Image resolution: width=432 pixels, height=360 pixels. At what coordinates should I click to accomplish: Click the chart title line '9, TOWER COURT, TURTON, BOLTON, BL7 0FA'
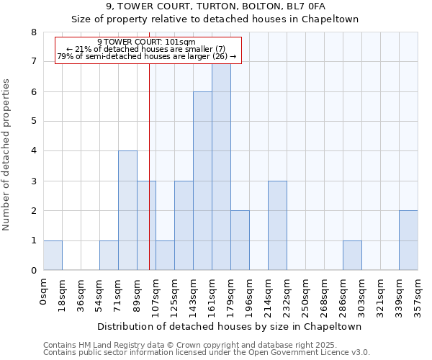(x=216, y=6)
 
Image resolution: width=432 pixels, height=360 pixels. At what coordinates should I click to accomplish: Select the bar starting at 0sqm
(x=53, y=255)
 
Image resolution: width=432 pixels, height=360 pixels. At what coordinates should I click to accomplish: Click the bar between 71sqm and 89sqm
(x=127, y=210)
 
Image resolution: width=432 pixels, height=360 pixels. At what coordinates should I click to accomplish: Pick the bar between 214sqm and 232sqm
(x=277, y=225)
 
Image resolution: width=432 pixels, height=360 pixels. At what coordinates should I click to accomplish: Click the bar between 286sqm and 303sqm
(x=352, y=255)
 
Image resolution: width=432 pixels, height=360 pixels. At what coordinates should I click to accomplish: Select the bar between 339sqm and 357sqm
(x=408, y=240)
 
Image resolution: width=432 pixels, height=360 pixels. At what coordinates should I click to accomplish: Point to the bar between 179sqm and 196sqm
(x=240, y=240)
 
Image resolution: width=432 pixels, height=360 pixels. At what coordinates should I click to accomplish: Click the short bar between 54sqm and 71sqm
(x=109, y=255)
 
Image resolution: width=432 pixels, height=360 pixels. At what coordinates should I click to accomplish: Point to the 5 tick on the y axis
(x=33, y=121)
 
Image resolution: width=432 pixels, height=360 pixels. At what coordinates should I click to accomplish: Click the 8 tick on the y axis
(x=33, y=32)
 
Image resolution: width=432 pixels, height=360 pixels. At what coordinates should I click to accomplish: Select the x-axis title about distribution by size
(x=229, y=326)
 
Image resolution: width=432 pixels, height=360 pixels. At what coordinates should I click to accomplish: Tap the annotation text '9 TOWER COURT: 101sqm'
(x=146, y=42)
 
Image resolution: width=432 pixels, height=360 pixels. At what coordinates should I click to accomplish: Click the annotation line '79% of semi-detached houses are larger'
(x=146, y=56)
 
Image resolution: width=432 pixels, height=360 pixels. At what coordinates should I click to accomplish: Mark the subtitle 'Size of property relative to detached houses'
(x=216, y=19)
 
